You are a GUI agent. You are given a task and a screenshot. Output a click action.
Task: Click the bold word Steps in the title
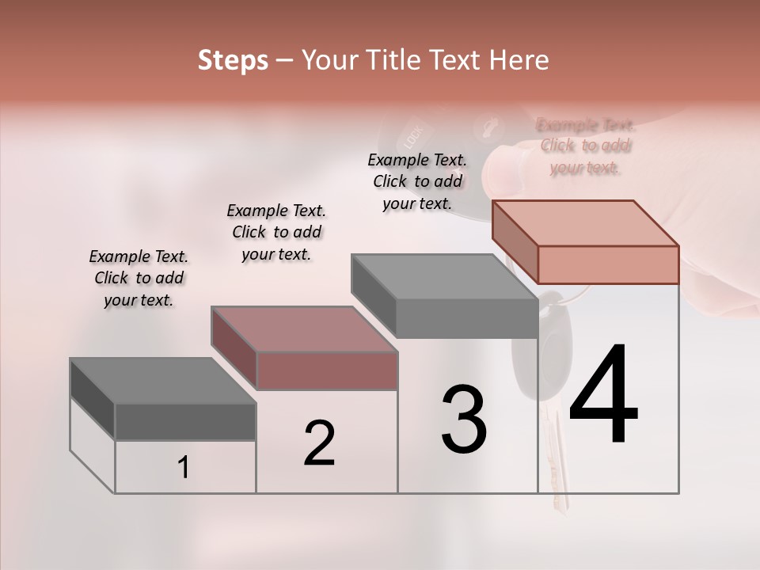point(233,60)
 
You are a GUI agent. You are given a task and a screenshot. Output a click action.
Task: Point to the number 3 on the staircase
point(464,420)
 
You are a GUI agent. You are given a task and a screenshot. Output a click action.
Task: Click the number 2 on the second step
point(319,443)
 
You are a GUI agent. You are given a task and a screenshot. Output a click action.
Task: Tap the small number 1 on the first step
point(184,468)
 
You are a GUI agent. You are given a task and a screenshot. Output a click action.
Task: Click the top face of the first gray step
point(163,381)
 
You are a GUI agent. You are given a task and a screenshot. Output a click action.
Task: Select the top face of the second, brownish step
point(304,329)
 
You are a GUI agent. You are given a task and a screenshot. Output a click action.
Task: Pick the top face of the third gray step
point(444,277)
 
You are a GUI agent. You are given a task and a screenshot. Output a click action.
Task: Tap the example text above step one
point(139,278)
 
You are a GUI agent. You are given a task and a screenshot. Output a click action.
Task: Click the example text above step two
point(276,232)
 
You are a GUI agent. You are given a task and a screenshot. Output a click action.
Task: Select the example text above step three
point(417,181)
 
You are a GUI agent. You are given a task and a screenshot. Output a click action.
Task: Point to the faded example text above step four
point(586,146)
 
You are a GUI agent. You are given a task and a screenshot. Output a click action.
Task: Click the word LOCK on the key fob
point(414,137)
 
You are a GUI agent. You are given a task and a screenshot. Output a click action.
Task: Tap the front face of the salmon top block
point(608,264)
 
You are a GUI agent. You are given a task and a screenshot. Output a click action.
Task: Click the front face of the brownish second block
point(327,370)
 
